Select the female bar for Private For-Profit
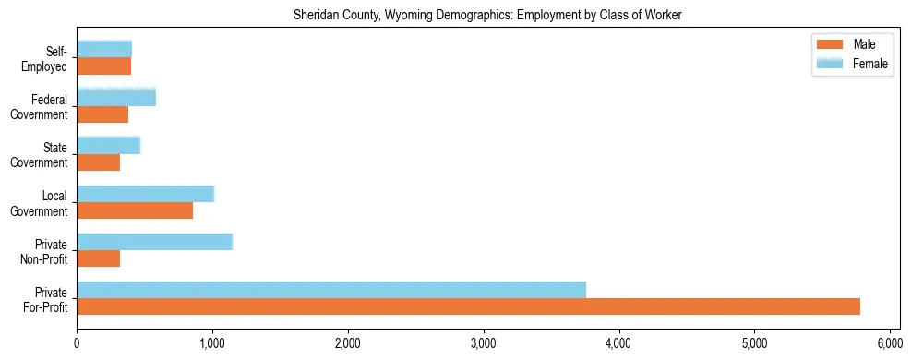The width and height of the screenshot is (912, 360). (331, 290)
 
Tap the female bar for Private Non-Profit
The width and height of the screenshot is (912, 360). (154, 242)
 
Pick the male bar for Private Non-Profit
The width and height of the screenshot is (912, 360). (98, 258)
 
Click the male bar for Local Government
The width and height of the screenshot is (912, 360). (135, 210)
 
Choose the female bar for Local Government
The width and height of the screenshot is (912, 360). (145, 194)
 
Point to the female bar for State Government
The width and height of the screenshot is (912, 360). (108, 145)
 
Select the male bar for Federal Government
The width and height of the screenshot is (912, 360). (102, 114)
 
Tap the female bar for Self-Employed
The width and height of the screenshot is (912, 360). (104, 49)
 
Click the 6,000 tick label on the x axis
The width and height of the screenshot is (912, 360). (890, 342)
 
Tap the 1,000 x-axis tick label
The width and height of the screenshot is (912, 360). (212, 342)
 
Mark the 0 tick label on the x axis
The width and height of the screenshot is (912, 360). (77, 342)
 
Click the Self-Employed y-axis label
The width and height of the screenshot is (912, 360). (50, 58)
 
